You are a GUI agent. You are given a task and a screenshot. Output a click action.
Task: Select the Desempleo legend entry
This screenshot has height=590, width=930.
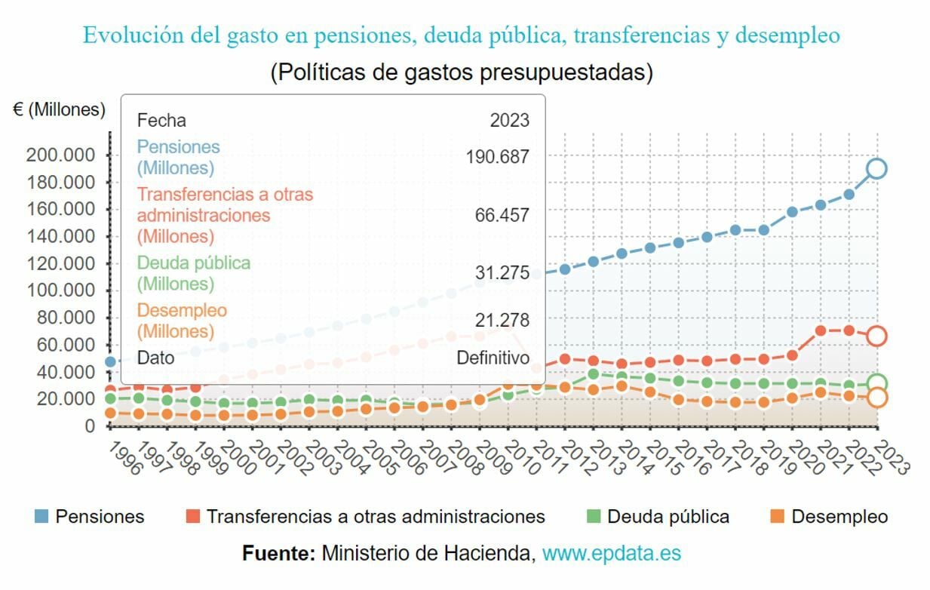(830, 517)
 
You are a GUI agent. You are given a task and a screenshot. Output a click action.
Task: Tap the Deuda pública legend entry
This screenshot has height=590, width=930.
(658, 517)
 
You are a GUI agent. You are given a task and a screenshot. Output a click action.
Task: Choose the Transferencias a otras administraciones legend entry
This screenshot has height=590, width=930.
(365, 517)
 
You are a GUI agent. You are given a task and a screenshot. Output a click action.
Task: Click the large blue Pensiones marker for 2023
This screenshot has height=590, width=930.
(876, 169)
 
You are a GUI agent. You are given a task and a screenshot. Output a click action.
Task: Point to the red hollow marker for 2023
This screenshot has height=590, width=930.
(876, 336)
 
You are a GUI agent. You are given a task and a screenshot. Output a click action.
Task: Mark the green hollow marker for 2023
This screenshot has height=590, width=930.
(876, 383)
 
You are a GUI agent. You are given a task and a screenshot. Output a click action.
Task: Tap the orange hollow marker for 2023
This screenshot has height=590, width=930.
(876, 398)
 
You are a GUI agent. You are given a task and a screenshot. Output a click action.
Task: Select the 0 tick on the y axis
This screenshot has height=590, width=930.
(91, 426)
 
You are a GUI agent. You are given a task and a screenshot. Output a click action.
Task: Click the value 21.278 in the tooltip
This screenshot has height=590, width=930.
(502, 321)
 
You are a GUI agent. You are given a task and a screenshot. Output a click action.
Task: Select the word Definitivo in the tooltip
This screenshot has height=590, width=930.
(493, 358)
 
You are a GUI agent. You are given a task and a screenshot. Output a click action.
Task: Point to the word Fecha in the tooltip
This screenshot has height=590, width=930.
(161, 120)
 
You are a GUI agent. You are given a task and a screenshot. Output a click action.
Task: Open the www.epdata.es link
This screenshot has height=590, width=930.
(612, 554)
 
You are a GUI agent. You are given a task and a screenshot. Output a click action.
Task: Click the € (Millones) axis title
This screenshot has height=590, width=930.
(59, 109)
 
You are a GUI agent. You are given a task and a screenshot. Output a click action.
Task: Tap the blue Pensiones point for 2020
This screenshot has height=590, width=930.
(792, 212)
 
